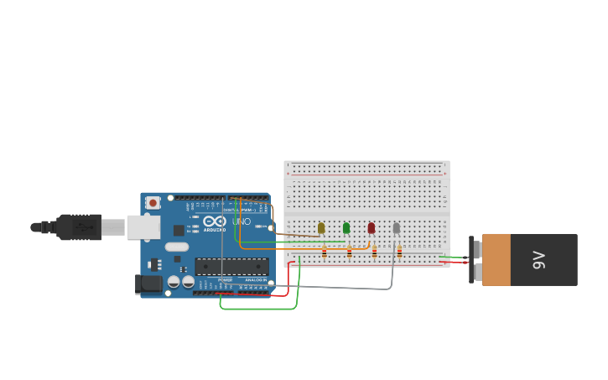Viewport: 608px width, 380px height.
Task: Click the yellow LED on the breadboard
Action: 321,227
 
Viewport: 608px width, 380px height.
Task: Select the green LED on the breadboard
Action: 346,227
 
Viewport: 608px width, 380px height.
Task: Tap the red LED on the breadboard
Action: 372,227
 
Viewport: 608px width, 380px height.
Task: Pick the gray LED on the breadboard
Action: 397,227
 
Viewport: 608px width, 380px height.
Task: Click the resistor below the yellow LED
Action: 325,252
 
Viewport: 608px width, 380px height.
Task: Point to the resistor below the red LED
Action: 374,252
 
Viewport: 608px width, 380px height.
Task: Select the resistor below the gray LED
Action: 399,252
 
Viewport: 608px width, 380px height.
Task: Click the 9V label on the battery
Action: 539,260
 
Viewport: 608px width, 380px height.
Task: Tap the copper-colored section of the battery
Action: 496,260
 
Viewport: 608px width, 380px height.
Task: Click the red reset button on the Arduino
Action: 153,202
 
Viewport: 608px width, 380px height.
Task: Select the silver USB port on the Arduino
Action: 143,226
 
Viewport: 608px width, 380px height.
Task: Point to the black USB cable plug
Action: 80,226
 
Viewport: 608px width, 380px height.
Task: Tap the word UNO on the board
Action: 242,221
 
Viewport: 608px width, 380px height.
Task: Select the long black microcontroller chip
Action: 231,266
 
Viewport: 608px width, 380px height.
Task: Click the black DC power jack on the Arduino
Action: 149,284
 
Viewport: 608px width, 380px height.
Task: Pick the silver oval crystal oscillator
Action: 177,247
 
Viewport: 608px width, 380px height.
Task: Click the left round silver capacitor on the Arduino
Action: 174,282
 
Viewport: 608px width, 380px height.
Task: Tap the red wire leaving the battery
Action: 453,262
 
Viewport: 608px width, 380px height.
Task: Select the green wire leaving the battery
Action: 453,257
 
